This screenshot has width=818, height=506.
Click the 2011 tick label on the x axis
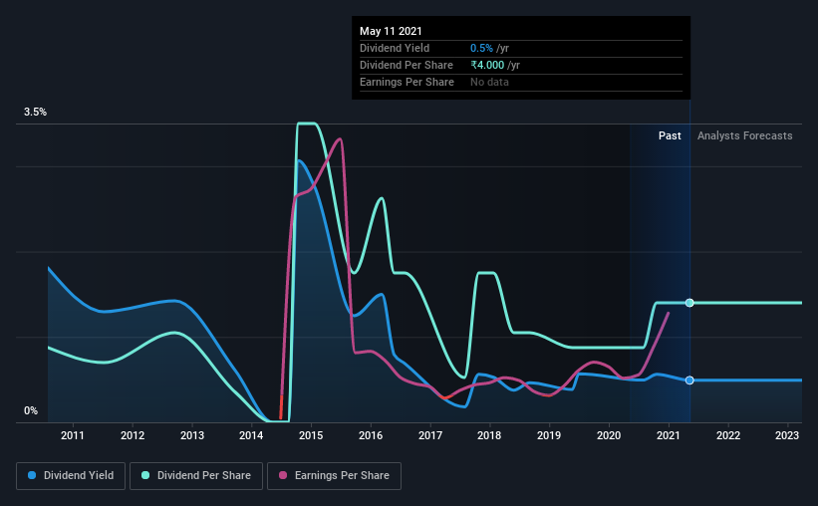pos(73,435)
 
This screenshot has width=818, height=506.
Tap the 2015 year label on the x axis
pos(311,435)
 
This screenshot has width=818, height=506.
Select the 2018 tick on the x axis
pos(490,435)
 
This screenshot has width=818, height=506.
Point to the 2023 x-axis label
pos(787,435)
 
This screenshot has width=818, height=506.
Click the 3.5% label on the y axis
pos(36,113)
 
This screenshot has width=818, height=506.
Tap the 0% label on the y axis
pos(31,410)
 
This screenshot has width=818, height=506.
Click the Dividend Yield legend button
pos(71,476)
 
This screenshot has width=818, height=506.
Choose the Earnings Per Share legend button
pos(334,476)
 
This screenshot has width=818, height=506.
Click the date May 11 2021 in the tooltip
pos(390,31)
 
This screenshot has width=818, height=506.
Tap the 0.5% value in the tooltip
pos(480,48)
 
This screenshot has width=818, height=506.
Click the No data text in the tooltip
pos(489,82)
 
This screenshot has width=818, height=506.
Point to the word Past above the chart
pos(670,135)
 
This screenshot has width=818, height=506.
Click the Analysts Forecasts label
pos(745,135)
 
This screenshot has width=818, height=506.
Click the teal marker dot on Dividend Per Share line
pos(689,303)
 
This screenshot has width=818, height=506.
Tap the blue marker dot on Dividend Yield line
pos(689,380)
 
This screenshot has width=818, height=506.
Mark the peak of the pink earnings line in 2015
pos(341,138)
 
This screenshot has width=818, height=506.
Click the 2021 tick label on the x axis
pos(669,435)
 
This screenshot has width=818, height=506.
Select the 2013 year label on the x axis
pos(192,435)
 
